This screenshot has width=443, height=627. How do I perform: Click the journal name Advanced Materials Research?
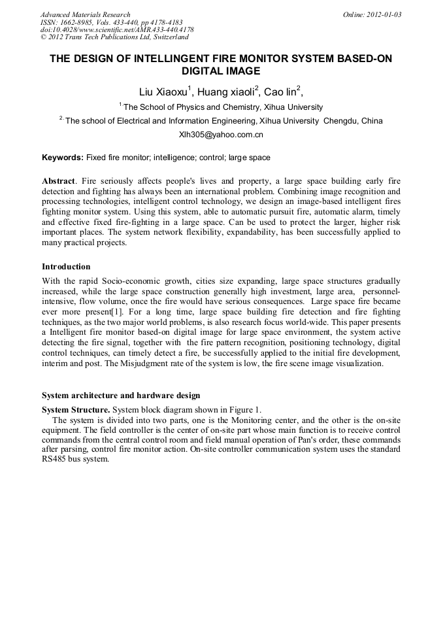(x=85, y=14)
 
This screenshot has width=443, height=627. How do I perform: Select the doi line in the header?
(x=117, y=30)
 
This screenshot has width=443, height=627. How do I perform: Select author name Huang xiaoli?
(x=227, y=92)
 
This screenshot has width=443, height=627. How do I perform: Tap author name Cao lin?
(x=280, y=92)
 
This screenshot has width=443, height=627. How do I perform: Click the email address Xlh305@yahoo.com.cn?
(x=221, y=135)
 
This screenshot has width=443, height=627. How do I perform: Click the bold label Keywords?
(x=63, y=158)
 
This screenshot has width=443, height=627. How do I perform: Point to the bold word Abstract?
(x=58, y=180)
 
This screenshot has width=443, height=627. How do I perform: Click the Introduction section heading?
(x=66, y=267)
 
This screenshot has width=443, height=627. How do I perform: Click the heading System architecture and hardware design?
(x=121, y=396)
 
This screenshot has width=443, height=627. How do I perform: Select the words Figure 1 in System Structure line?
(x=243, y=409)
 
